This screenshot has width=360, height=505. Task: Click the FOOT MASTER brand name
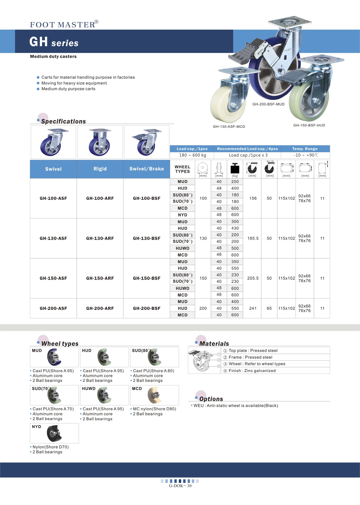pos(63,25)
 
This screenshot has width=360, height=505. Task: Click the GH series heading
pos(54,42)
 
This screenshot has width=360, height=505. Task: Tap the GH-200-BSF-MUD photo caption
pos(268,104)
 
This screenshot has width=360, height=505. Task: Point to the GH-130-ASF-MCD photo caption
pos(229,127)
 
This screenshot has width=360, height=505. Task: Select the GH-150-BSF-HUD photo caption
pos(309,125)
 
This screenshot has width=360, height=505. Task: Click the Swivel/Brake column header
pos(147,169)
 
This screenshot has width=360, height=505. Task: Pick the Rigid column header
pos(100,169)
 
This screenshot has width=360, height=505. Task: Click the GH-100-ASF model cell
pos(53,198)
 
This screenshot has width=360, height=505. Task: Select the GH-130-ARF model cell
pos(100,238)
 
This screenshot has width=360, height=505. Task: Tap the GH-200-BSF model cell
pos(147,308)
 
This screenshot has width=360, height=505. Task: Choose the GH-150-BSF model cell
pos(147,278)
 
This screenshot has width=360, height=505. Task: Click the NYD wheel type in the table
pos(182,215)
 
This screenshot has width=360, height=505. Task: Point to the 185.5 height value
pos(253,238)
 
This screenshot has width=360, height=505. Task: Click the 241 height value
pos(253,308)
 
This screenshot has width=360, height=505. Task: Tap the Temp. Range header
pos(305,149)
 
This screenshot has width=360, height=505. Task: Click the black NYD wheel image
pos(54,433)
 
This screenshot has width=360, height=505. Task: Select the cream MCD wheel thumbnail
pos(154,395)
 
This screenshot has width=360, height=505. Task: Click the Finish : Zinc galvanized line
pos(252,371)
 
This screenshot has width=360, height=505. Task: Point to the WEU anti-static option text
pos(235,406)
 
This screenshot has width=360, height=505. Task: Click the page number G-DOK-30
pos(180,486)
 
